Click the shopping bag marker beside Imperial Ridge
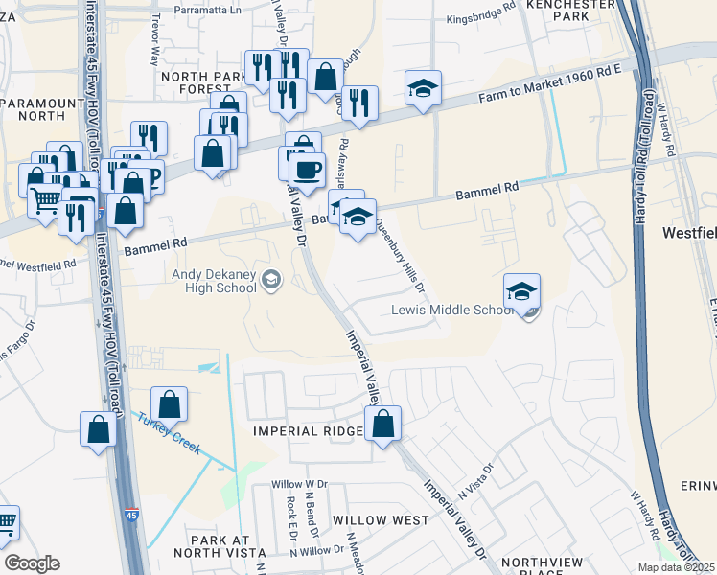(382, 425)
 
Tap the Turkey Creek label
(169, 433)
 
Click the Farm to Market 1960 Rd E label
(550, 83)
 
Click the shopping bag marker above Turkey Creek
(170, 405)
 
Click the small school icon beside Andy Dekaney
(271, 280)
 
